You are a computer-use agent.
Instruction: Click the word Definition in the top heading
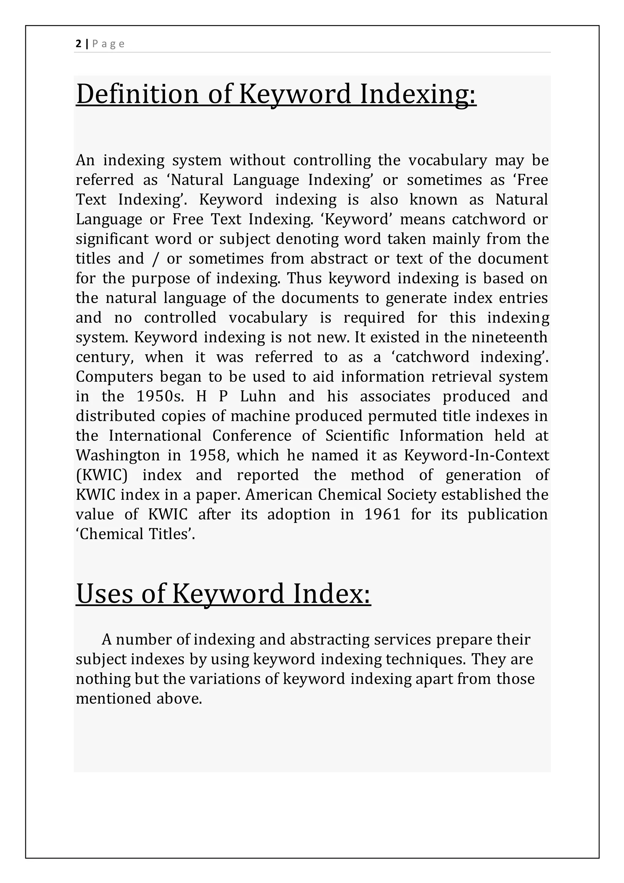pyautogui.click(x=137, y=94)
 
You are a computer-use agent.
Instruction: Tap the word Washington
pyautogui.click(x=118, y=455)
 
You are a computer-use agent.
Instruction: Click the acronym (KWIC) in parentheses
pyautogui.click(x=101, y=475)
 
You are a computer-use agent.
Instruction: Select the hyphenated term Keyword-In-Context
pyautogui.click(x=477, y=455)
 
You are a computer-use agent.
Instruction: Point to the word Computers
pyautogui.click(x=114, y=377)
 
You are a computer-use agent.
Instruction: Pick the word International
pyautogui.click(x=155, y=436)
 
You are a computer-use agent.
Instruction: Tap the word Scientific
pyautogui.click(x=357, y=436)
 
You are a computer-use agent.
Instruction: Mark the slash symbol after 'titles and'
pyautogui.click(x=155, y=259)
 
